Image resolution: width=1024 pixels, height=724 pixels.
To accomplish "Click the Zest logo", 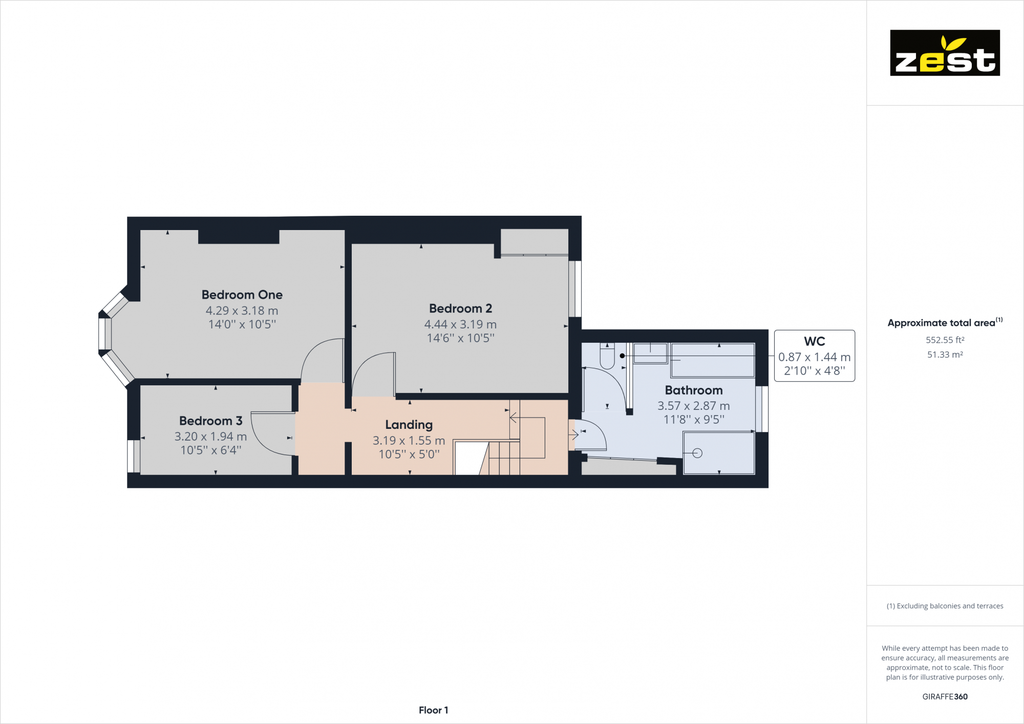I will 945,53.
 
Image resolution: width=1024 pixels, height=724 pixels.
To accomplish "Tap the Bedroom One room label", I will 242,295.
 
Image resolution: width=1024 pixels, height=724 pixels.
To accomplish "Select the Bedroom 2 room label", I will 460,308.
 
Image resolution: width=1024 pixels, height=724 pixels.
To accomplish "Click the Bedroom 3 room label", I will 210,421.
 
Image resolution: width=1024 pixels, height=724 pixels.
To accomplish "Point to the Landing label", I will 409,425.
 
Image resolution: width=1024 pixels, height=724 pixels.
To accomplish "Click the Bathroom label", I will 693,390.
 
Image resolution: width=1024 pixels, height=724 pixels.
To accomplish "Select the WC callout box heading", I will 814,341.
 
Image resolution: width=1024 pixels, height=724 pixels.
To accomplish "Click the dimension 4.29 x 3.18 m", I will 242,311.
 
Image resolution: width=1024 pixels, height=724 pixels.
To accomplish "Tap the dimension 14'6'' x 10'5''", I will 460,338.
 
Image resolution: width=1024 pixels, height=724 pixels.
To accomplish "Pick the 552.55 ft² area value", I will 945,340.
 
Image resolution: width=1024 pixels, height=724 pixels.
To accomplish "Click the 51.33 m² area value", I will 945,355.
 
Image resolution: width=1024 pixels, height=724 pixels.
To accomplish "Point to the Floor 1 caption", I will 433,710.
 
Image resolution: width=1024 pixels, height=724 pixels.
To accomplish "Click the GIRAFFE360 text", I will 945,696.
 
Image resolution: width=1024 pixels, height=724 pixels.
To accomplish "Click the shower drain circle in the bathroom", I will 697,453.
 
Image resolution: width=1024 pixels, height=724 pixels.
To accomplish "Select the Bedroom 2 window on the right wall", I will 575,288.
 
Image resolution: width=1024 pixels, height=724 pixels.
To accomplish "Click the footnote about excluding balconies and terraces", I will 945,606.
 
